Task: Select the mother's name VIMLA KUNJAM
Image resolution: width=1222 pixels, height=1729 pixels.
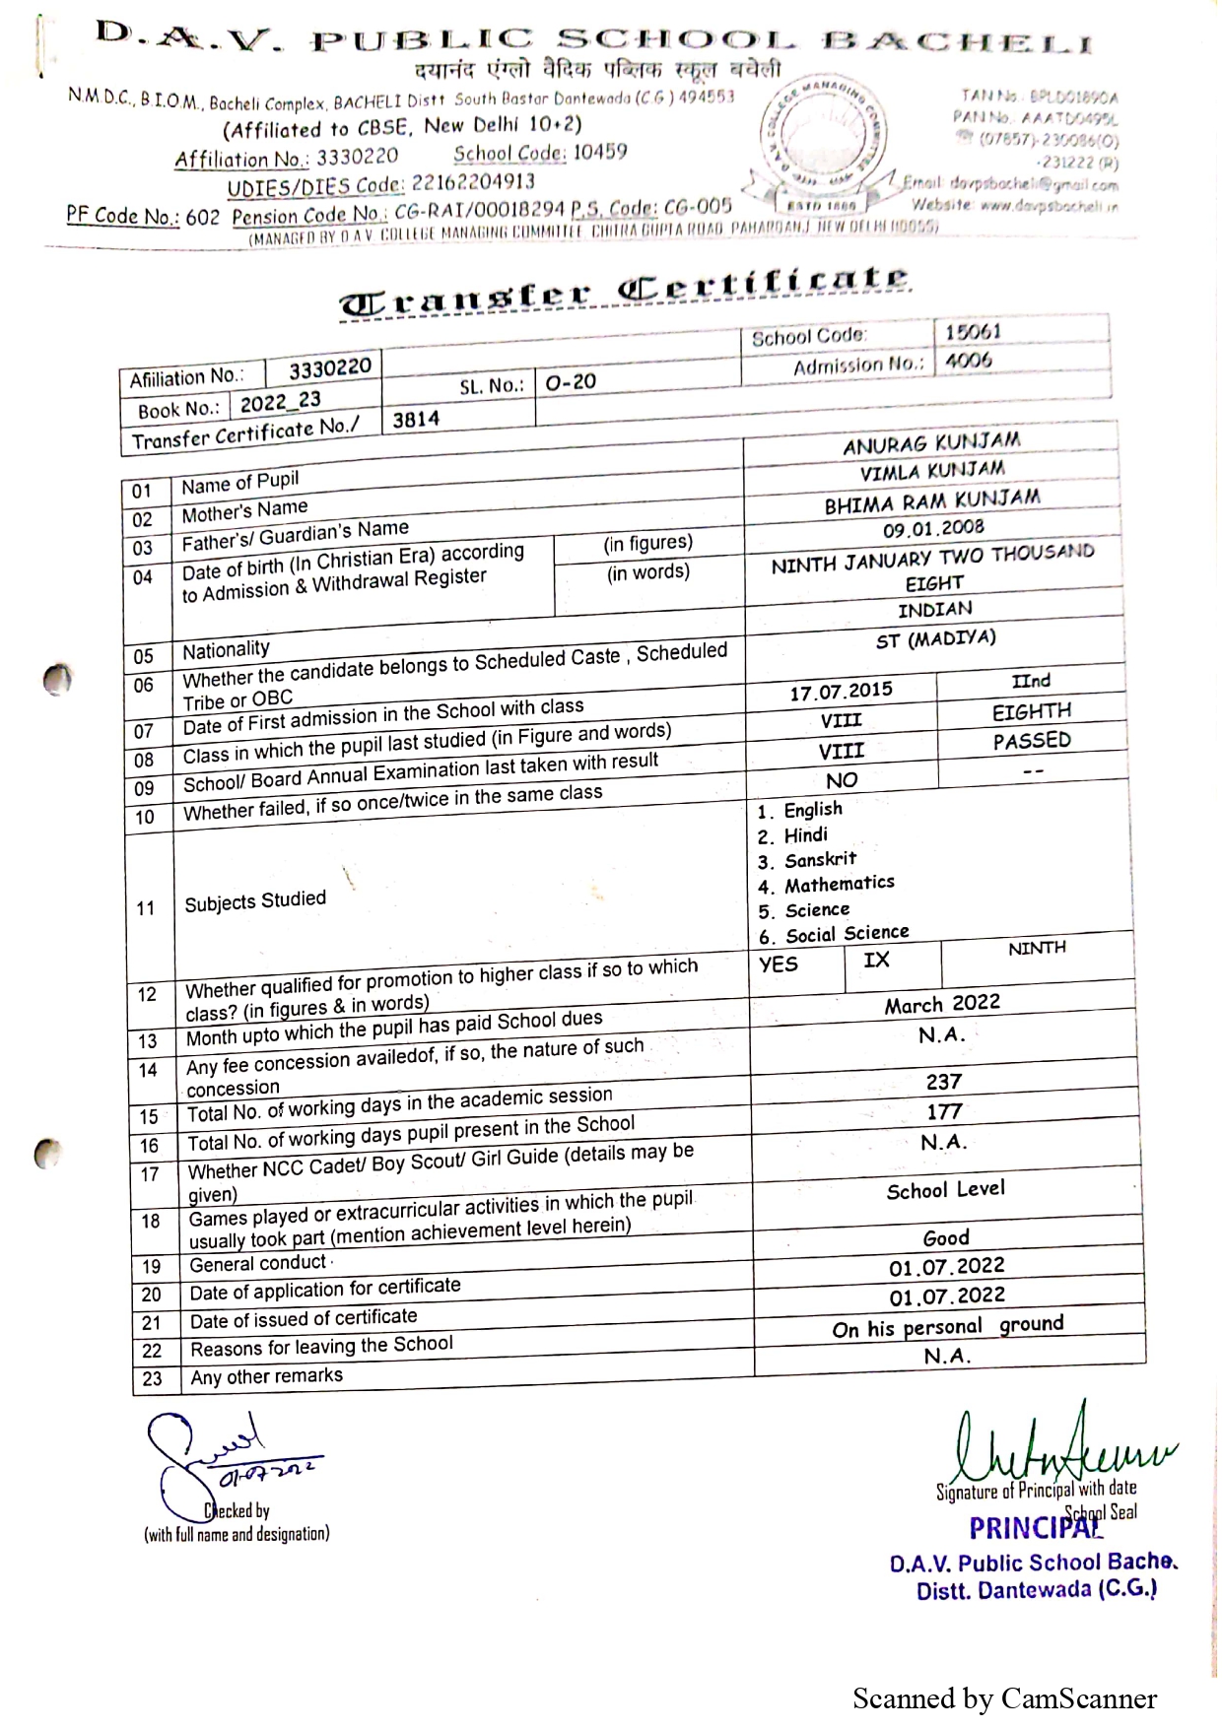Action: coord(932,472)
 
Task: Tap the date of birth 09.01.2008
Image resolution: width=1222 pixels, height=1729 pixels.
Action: coord(932,529)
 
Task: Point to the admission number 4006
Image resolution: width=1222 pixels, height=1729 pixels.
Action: coord(969,361)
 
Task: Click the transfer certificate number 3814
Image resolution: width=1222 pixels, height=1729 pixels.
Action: coord(416,420)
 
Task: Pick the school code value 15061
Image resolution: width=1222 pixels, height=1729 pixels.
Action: coord(973,332)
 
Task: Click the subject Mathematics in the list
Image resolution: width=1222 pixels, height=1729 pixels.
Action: coord(839,884)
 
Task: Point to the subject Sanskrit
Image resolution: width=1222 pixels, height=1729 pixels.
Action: coord(820,859)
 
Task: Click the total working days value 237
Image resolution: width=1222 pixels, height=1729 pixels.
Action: coord(943,1082)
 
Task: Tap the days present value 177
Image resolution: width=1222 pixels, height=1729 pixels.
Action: coord(943,1112)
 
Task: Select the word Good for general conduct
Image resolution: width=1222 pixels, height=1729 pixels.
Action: coord(946,1237)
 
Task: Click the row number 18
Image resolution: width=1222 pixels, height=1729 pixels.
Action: coord(150,1222)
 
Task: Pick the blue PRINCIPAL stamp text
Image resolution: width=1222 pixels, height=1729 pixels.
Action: coord(1033,1528)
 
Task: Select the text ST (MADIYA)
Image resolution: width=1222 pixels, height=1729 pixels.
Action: coord(935,639)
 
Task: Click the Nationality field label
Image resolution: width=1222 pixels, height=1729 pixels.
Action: coord(226,650)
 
